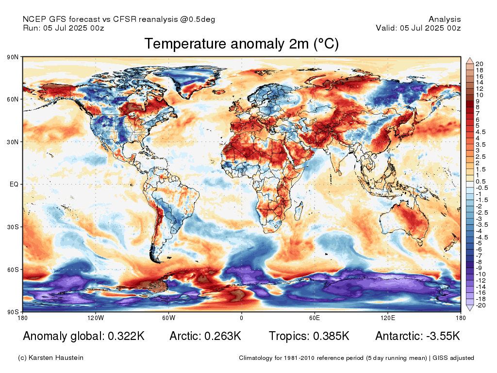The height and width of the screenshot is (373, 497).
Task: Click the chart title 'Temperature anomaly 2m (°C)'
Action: (242, 44)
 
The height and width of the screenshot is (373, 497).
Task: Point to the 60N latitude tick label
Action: (13, 99)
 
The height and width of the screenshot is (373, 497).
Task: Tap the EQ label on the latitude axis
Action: (14, 184)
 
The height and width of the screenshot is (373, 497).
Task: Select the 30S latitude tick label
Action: (13, 227)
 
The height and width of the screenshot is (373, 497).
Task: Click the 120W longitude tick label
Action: (96, 318)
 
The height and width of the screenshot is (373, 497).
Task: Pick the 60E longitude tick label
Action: (315, 318)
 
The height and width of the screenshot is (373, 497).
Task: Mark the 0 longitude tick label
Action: (242, 318)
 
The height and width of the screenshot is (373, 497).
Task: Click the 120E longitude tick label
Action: (388, 318)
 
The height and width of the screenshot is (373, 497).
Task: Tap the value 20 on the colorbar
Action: (479, 64)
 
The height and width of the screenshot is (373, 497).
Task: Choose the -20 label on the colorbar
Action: (481, 305)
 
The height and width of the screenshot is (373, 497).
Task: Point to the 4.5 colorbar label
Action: (480, 132)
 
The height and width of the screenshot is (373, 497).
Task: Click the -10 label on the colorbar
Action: (481, 274)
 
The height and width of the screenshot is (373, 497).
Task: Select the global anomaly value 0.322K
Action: (126, 336)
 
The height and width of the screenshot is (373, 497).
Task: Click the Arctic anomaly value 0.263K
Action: (223, 336)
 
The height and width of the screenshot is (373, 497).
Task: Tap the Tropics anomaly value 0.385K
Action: (331, 336)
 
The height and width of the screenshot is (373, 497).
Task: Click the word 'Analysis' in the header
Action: (445, 19)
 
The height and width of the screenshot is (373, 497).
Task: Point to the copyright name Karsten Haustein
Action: (56, 358)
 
